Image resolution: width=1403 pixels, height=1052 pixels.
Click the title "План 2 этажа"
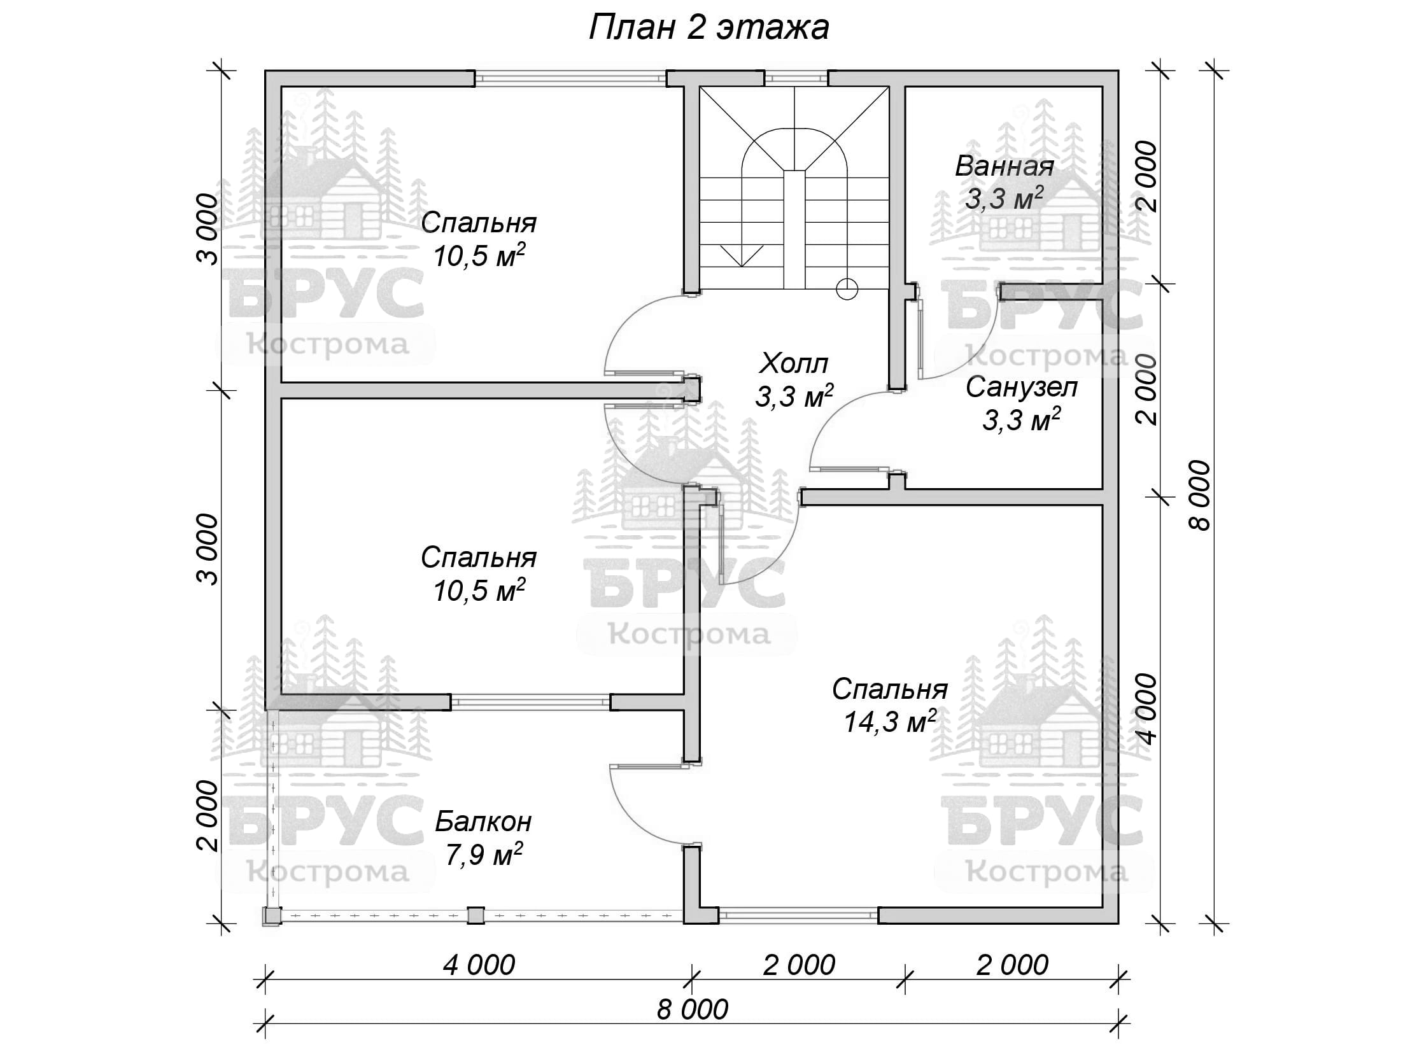point(709,28)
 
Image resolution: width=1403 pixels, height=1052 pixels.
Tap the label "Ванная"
point(1005,167)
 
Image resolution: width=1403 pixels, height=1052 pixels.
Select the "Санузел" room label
point(1022,387)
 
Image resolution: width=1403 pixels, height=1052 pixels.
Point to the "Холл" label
point(794,364)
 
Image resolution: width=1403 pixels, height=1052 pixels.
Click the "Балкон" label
point(483,822)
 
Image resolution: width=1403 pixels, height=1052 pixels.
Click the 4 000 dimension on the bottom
point(479,965)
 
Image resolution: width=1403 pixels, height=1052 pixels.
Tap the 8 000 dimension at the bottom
point(693,1009)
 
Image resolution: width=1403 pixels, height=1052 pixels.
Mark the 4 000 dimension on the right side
point(1147,708)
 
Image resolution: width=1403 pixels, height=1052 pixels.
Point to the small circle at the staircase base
point(847,290)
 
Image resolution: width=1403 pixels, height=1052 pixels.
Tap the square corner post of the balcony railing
point(271,915)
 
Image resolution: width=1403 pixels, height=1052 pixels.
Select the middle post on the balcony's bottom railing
point(476,915)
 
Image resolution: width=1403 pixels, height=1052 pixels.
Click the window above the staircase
point(796,78)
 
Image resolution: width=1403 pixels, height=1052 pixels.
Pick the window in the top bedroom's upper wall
point(570,78)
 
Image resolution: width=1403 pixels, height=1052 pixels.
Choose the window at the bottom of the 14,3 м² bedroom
point(798,915)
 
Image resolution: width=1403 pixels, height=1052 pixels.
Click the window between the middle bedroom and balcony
point(530,702)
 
